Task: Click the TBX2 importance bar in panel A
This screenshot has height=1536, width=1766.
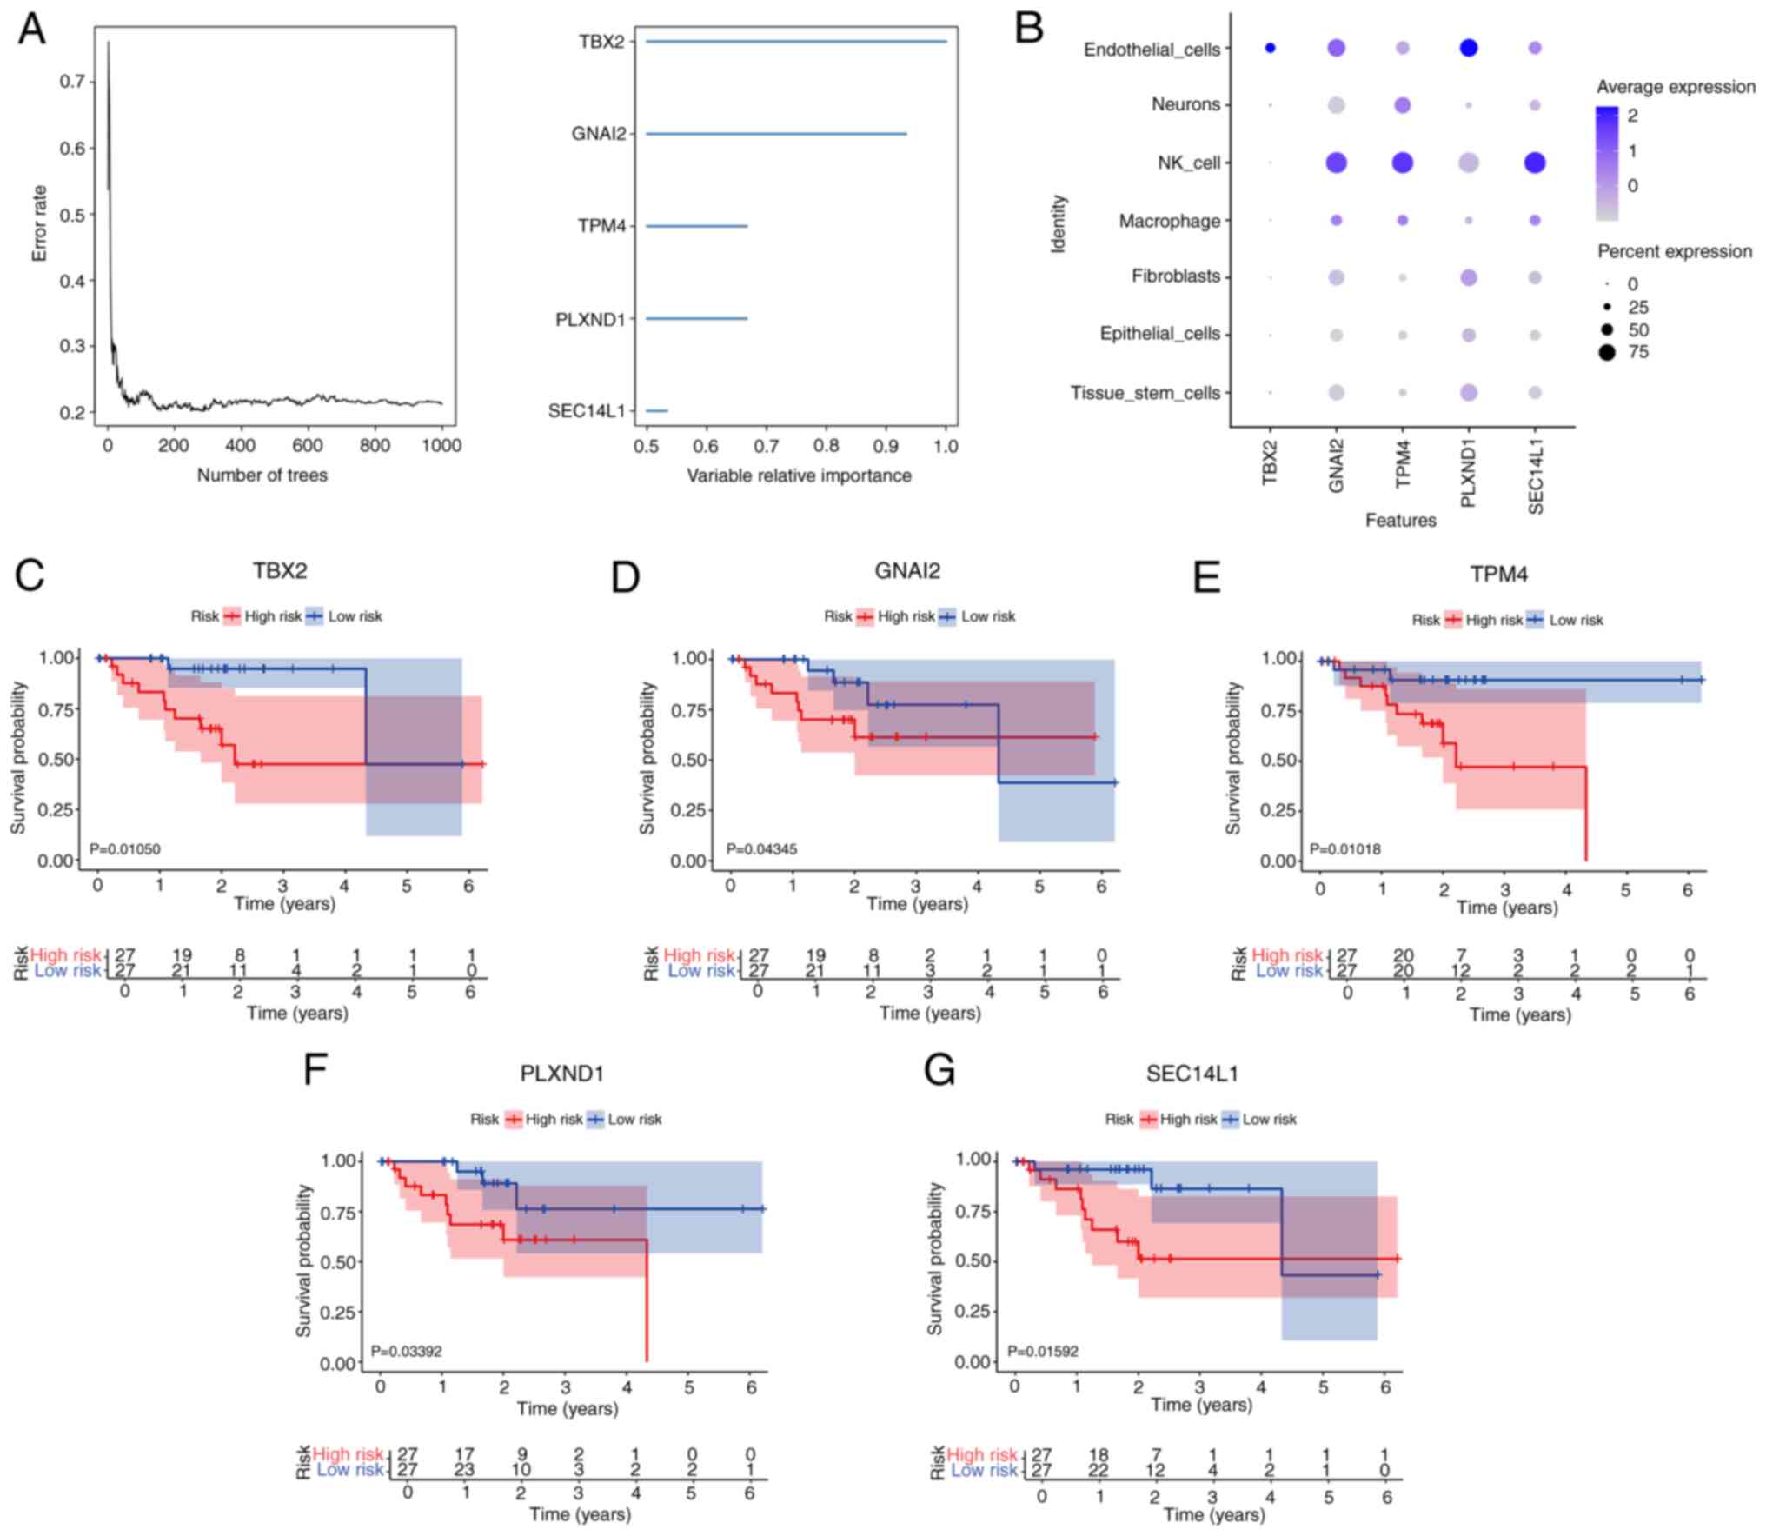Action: (795, 42)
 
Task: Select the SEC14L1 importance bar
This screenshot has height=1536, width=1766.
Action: (656, 410)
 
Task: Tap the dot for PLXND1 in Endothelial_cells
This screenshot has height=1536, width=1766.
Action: (1469, 49)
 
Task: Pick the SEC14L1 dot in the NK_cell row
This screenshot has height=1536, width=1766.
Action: (1535, 163)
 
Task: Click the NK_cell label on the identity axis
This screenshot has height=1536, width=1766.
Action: (1188, 163)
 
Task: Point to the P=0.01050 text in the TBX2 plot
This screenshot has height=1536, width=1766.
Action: (125, 848)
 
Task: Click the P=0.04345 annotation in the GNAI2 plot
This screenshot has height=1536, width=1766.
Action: (761, 848)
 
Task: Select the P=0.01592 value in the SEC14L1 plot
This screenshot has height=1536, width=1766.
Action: (1043, 1351)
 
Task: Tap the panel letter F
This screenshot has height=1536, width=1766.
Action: (315, 1069)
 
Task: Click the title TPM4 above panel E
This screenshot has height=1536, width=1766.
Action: (1498, 575)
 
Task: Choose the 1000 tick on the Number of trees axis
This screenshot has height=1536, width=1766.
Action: (441, 446)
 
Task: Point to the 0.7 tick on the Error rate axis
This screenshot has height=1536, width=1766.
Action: (72, 82)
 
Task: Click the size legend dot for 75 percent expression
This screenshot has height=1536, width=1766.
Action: (1606, 352)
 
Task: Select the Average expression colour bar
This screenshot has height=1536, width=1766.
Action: (1607, 163)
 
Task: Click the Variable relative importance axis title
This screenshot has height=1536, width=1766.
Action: (799, 475)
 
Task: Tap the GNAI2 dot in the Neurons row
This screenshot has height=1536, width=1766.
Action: (1337, 105)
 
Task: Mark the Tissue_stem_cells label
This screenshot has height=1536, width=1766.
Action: (1145, 393)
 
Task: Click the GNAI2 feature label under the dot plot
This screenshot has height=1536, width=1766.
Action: (1337, 466)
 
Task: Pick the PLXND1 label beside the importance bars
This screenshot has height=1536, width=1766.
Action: (590, 319)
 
